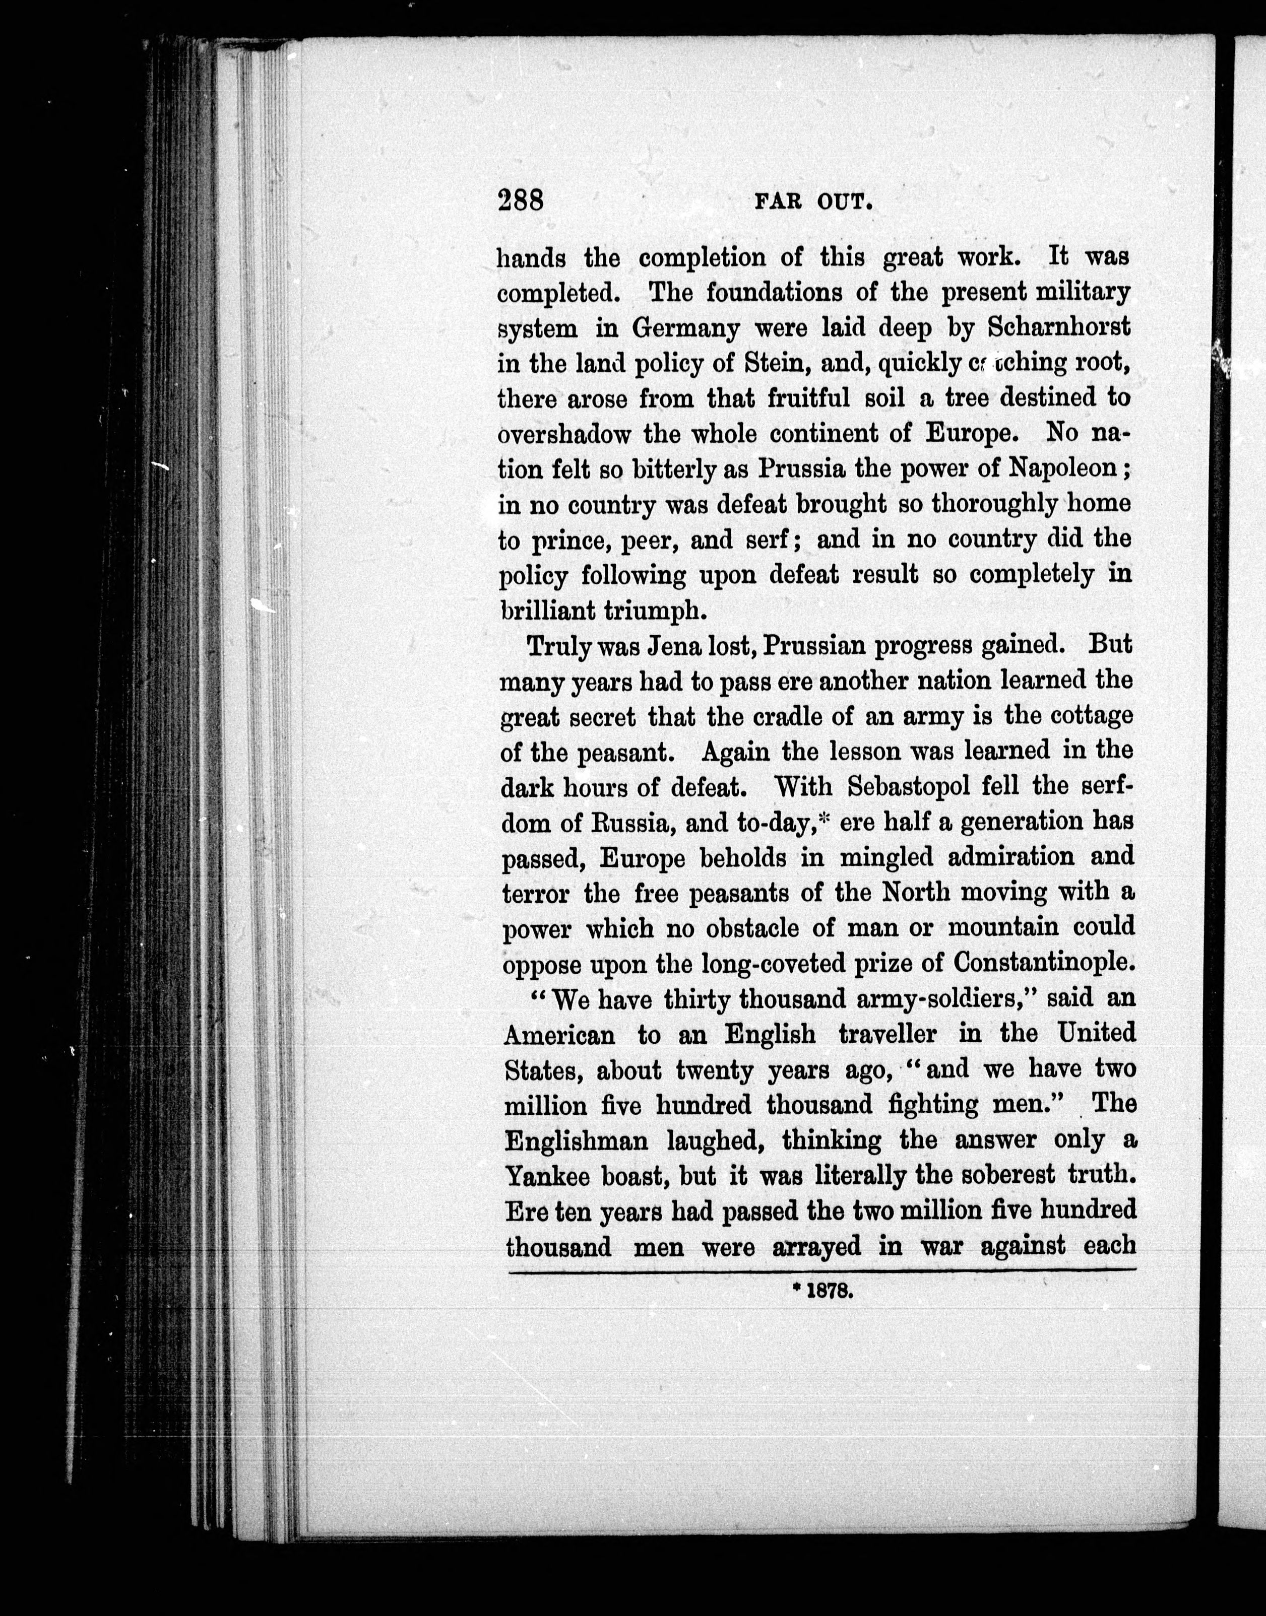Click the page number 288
pyautogui.click(x=521, y=200)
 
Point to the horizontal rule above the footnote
pyautogui.click(x=821, y=1270)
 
